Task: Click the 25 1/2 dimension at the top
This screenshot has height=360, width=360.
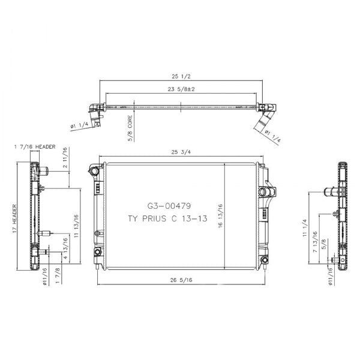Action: pyautogui.click(x=181, y=76)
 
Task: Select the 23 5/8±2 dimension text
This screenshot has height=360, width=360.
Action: pyautogui.click(x=181, y=89)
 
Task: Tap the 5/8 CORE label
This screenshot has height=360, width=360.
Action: pyautogui.click(x=130, y=128)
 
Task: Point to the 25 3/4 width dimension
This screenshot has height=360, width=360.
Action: pyautogui.click(x=181, y=152)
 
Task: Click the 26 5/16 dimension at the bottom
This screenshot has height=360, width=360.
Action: pyautogui.click(x=181, y=280)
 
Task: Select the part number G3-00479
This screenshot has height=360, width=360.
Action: pyautogui.click(x=169, y=206)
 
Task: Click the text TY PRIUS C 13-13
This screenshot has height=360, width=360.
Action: pyautogui.click(x=167, y=218)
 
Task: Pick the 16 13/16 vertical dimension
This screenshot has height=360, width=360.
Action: pyautogui.click(x=220, y=216)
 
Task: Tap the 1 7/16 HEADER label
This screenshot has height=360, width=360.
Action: pyautogui.click(x=35, y=147)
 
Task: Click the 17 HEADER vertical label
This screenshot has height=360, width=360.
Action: pyautogui.click(x=14, y=219)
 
